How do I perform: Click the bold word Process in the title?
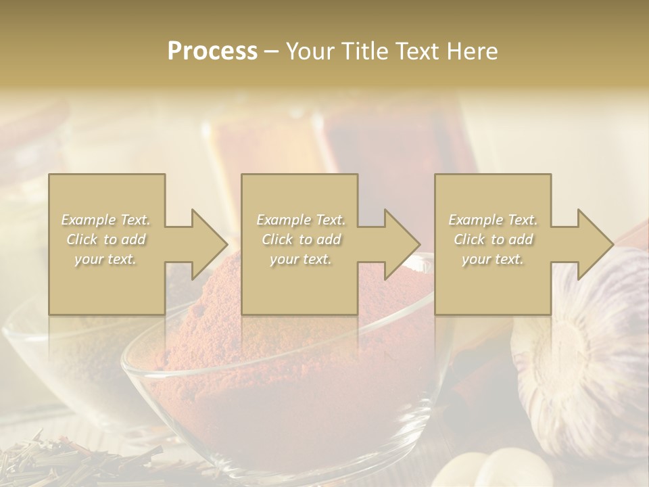tap(212, 51)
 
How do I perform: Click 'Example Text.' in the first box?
tap(106, 220)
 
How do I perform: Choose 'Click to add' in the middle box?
tap(301, 239)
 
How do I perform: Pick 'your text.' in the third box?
tap(493, 259)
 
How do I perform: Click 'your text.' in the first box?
tap(106, 259)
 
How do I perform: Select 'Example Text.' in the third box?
tap(493, 220)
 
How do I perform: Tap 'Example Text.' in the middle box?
tap(301, 220)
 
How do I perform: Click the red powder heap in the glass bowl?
tap(284, 352)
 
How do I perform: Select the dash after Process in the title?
tap(272, 51)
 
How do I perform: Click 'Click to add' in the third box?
tap(493, 239)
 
